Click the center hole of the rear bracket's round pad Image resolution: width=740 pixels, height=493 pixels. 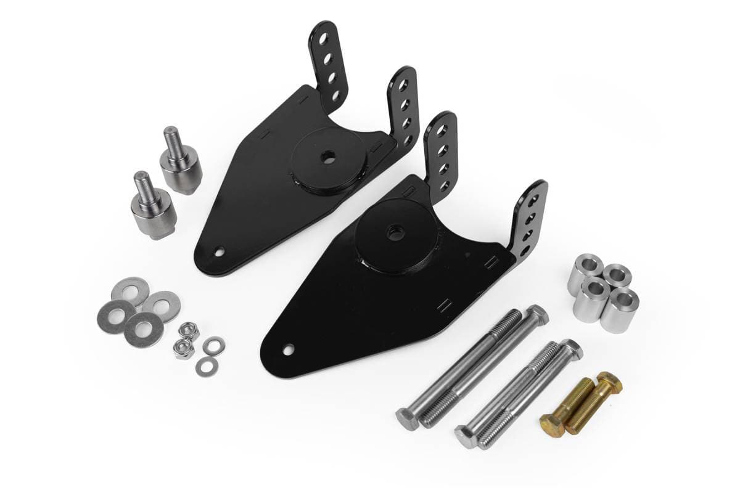click(x=327, y=158)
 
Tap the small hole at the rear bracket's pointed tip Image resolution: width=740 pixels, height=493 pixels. click(x=218, y=251)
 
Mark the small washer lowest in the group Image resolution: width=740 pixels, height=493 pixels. click(x=205, y=367)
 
